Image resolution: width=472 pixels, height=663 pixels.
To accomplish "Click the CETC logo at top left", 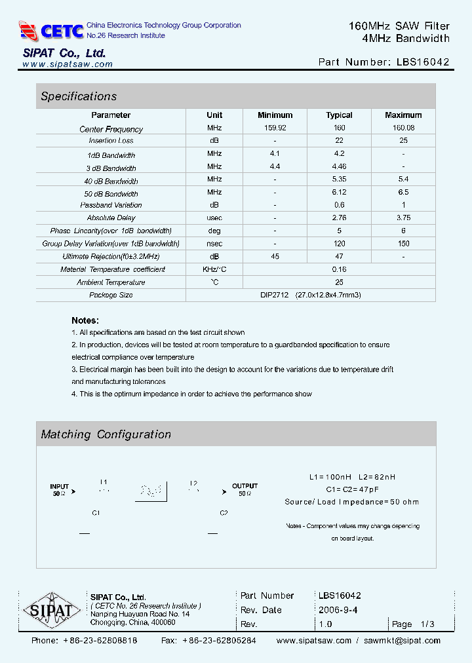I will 51,30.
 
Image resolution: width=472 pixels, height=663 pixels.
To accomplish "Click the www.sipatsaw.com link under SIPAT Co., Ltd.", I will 67,64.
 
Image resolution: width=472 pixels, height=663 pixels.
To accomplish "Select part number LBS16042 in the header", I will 423,62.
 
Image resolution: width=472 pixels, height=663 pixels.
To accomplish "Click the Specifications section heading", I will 79,96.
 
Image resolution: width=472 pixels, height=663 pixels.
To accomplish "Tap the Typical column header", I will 339,115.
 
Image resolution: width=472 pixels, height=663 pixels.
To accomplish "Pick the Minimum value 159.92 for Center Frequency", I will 275,128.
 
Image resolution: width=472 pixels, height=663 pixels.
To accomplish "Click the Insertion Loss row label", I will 111,141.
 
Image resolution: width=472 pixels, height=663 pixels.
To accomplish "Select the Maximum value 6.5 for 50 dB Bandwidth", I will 403,193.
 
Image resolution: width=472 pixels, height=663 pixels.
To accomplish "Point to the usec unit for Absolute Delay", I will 214,218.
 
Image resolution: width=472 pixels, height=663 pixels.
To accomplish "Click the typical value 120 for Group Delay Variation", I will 339,244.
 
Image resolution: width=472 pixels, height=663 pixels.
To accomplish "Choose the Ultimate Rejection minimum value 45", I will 275,257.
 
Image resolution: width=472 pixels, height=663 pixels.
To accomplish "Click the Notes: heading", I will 85,320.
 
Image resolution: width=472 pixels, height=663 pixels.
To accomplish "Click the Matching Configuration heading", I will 106,434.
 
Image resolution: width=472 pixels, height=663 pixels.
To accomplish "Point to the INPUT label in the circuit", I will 60,487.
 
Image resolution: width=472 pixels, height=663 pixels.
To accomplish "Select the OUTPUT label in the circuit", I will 245,486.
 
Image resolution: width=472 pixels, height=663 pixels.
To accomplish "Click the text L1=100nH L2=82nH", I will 352,477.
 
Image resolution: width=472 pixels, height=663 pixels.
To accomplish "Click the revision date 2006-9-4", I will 337,610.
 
